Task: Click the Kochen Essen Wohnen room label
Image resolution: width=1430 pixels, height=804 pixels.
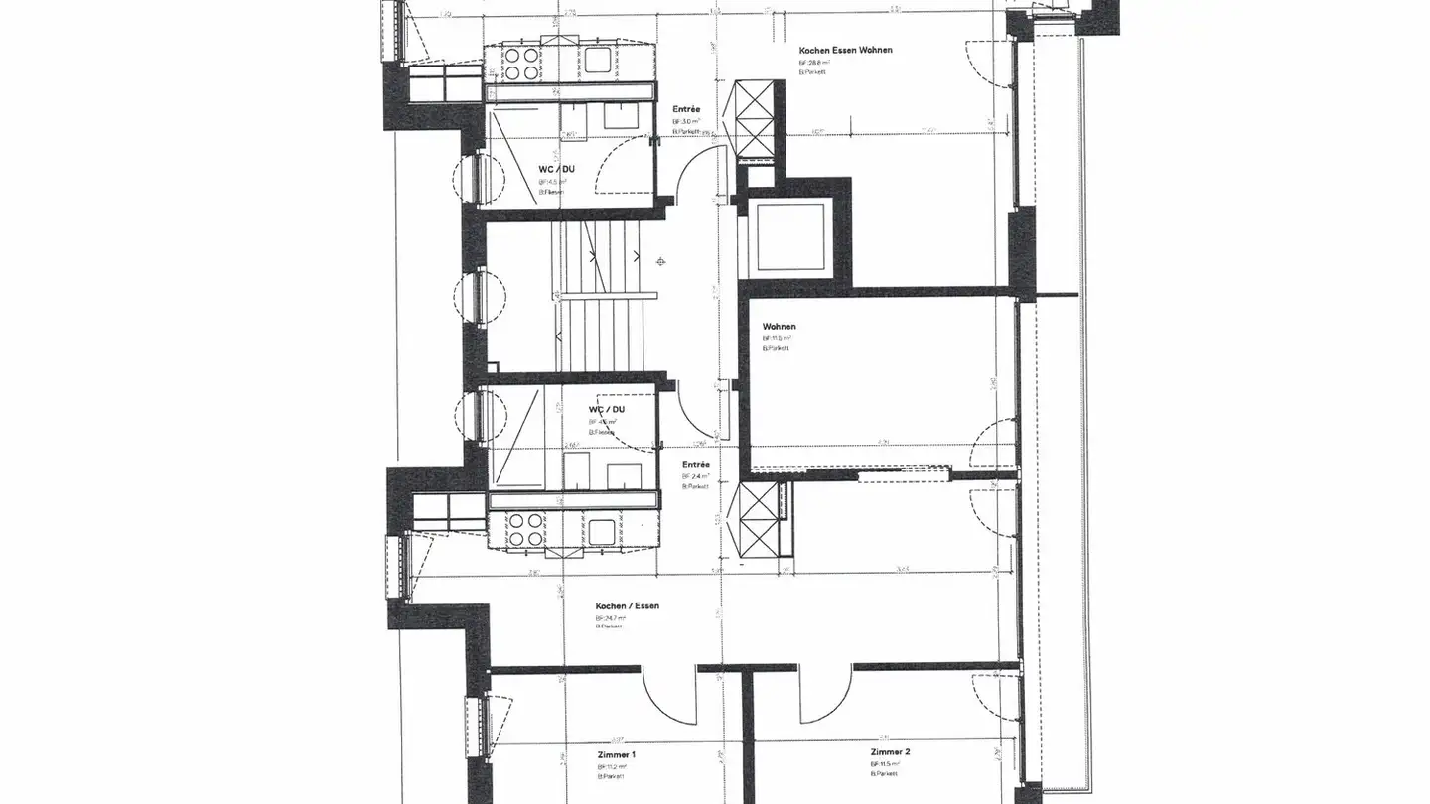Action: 845,50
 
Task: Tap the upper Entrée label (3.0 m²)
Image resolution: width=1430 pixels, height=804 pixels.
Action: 686,109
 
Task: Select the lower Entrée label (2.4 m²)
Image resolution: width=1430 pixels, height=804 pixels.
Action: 695,465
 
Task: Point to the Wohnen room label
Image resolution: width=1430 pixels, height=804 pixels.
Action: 779,327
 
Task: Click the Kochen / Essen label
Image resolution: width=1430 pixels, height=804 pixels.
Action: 627,606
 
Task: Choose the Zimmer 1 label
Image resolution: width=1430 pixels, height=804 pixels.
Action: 616,755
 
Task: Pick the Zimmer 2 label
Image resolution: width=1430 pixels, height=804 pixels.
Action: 890,752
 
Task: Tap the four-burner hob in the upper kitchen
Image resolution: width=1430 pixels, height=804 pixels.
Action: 521,64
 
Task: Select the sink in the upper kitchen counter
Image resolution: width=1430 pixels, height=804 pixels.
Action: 600,61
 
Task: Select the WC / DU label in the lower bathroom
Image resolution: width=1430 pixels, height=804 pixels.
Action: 607,409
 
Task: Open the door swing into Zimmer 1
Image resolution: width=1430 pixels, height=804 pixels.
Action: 667,695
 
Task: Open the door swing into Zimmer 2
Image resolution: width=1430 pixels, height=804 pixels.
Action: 824,695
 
